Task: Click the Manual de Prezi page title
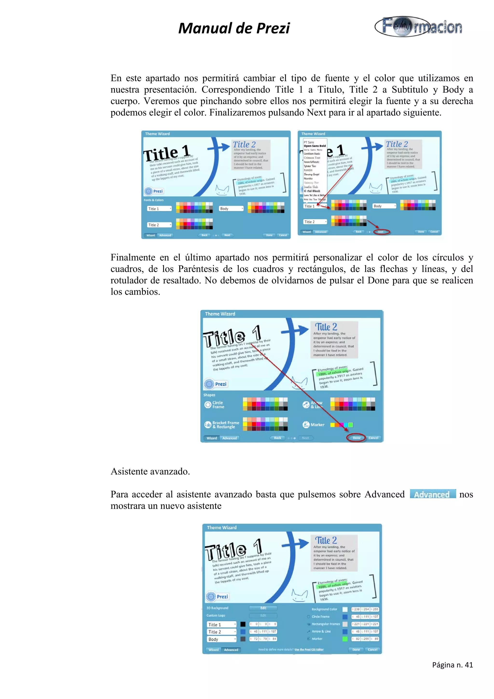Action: click(234, 28)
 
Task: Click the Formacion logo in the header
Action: click(418, 27)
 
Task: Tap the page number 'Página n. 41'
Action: click(452, 665)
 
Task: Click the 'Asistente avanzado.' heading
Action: click(150, 471)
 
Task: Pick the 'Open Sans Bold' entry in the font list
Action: click(315, 146)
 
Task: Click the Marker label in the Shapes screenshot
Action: click(317, 425)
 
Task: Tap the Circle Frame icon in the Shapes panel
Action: click(208, 404)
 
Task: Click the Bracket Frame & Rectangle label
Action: click(226, 425)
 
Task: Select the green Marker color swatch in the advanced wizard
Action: click(345, 639)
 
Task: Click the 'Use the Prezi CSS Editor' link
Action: click(309, 649)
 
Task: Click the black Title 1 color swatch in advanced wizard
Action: click(243, 624)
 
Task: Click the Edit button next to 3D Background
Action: click(263, 608)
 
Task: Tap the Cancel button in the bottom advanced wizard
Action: click(373, 649)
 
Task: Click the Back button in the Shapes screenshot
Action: click(277, 438)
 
